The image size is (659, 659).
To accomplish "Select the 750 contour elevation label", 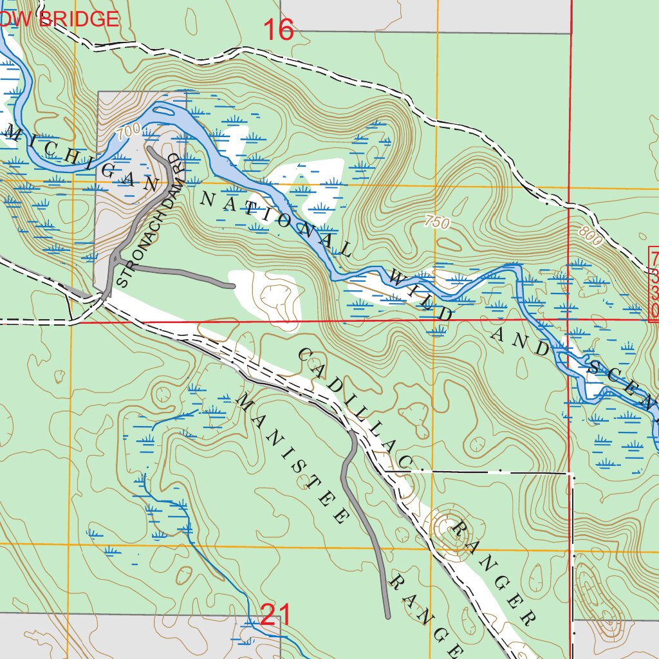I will point(437,223).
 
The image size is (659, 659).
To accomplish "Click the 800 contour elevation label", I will point(589,237).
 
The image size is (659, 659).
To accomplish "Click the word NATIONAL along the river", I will point(276,225).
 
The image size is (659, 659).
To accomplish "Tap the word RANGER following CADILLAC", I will point(493,573).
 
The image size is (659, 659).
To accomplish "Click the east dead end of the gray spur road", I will point(232,284).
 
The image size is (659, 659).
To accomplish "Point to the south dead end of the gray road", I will point(388,617).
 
